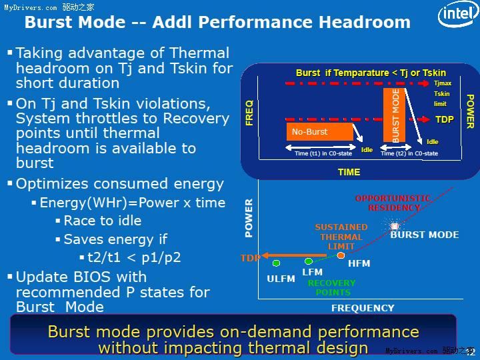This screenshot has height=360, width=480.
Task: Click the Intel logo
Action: point(457,15)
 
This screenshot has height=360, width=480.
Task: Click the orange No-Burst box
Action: point(320,131)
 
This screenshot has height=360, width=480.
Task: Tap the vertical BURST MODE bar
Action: point(395,115)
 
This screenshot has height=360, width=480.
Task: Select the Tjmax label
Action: point(443,83)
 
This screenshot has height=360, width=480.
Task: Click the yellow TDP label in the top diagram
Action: point(444,120)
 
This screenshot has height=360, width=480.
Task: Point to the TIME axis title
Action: point(349,172)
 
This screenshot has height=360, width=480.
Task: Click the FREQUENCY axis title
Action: point(362,308)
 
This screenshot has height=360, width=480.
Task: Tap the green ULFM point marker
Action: point(276,263)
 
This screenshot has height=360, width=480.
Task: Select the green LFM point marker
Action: point(309,261)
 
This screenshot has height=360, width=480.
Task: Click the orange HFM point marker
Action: point(341,255)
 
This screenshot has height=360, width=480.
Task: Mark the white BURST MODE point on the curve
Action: point(395,227)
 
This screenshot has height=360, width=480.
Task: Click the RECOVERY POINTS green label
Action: point(331,287)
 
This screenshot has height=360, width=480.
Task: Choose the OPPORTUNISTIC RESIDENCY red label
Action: point(393,203)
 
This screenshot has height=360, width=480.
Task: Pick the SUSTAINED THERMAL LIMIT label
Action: point(341,237)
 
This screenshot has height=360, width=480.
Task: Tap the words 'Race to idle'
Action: point(102,221)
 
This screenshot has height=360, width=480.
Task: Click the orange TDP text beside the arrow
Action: point(249,258)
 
